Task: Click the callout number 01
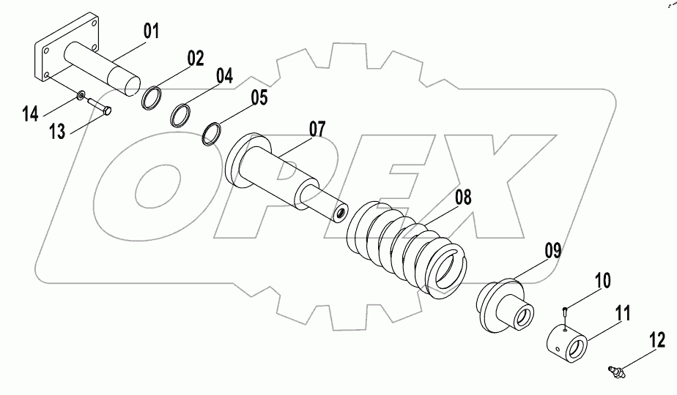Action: tap(151, 31)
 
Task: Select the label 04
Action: tap(223, 75)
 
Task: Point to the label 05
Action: tap(259, 97)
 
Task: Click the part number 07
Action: tap(317, 130)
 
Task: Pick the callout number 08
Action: tap(463, 197)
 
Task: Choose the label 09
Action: tap(552, 252)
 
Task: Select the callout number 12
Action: tap(656, 339)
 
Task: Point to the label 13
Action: tap(58, 132)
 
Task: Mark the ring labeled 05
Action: tap(212, 132)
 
